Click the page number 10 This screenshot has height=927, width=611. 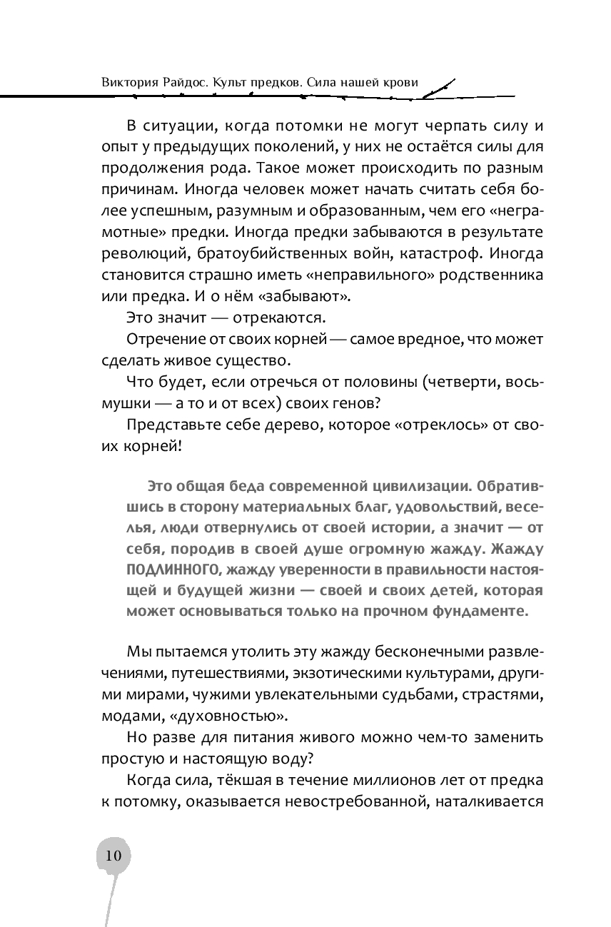pos(113,856)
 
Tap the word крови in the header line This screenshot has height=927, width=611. pos(400,83)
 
